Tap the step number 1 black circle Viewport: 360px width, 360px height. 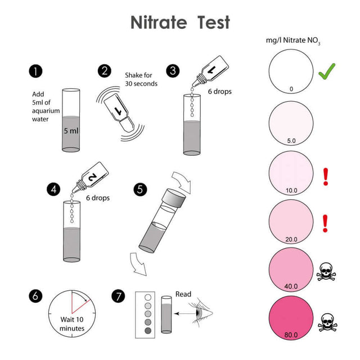(x=36, y=71)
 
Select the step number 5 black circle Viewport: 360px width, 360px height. (x=139, y=188)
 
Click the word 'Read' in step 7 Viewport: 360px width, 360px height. (x=183, y=294)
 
